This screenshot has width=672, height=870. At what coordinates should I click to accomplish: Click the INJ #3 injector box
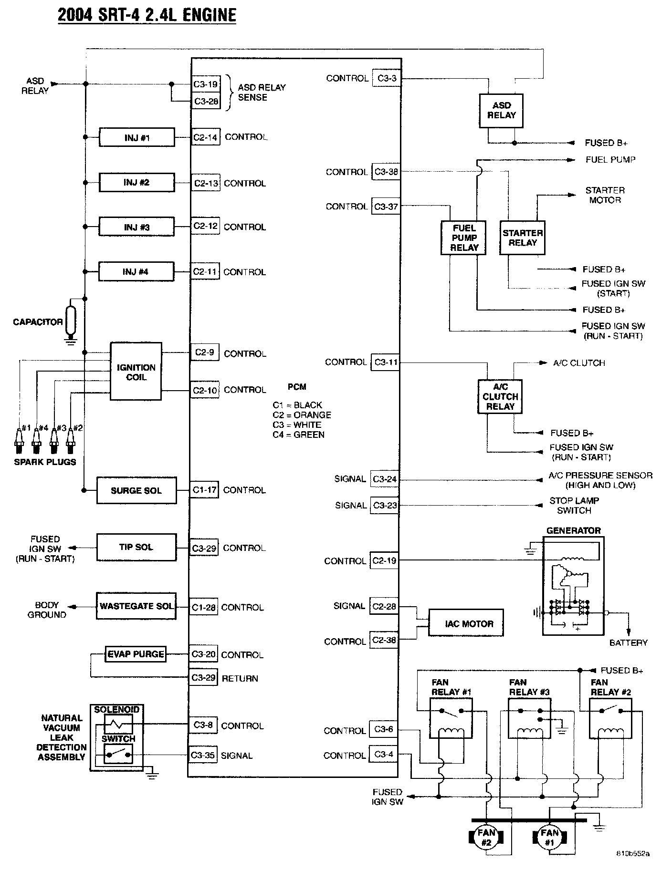136,227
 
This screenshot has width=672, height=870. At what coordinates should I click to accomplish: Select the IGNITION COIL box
136,372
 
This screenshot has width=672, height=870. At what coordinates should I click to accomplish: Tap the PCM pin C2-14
206,137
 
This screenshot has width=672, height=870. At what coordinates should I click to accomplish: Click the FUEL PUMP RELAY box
463,238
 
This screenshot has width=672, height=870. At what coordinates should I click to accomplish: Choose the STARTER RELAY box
522,238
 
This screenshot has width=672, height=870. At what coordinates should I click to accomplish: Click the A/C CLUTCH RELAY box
500,397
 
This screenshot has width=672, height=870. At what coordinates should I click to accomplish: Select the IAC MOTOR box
466,623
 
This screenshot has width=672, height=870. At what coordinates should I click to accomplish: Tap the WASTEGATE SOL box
136,606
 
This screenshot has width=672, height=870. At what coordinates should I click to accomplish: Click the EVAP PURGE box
136,654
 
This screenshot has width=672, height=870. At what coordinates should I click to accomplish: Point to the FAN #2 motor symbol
486,836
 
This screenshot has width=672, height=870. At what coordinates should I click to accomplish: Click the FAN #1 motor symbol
550,836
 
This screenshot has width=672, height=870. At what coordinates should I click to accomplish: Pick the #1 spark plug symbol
19,442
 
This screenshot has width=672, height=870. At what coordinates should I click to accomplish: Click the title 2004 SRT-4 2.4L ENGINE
147,15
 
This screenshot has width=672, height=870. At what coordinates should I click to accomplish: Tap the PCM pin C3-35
203,756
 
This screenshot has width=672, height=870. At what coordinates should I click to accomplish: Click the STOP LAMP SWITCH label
574,505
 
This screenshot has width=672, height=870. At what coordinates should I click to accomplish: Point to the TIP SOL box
136,547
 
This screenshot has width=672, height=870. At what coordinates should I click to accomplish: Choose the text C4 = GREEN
299,435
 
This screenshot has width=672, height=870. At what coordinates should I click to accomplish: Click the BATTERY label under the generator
628,643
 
